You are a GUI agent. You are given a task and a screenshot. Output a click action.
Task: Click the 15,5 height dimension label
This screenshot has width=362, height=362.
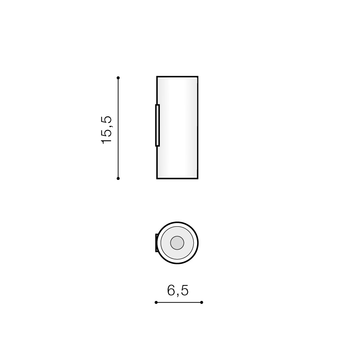coord(107,130)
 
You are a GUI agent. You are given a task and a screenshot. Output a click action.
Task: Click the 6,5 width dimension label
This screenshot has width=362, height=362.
coord(178,290)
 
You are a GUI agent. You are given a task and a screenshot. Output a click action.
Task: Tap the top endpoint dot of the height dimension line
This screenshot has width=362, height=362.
coord(118,78)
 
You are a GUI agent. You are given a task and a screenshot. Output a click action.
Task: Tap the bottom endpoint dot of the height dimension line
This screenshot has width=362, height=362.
coord(118,178)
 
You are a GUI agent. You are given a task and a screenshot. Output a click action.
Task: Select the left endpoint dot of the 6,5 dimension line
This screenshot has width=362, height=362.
coord(156,302)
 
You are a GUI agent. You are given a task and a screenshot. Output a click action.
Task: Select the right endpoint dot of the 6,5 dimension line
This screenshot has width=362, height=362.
coord(201,302)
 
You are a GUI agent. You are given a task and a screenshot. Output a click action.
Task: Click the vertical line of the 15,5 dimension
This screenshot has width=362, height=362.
coord(118,128)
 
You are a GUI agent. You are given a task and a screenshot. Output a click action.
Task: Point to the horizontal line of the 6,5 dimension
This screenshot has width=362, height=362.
coord(179,302)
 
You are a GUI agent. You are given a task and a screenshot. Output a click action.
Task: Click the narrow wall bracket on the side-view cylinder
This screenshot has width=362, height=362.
coord(157,126)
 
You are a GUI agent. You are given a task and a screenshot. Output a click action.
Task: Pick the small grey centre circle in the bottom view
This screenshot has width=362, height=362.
coord(177,243)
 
